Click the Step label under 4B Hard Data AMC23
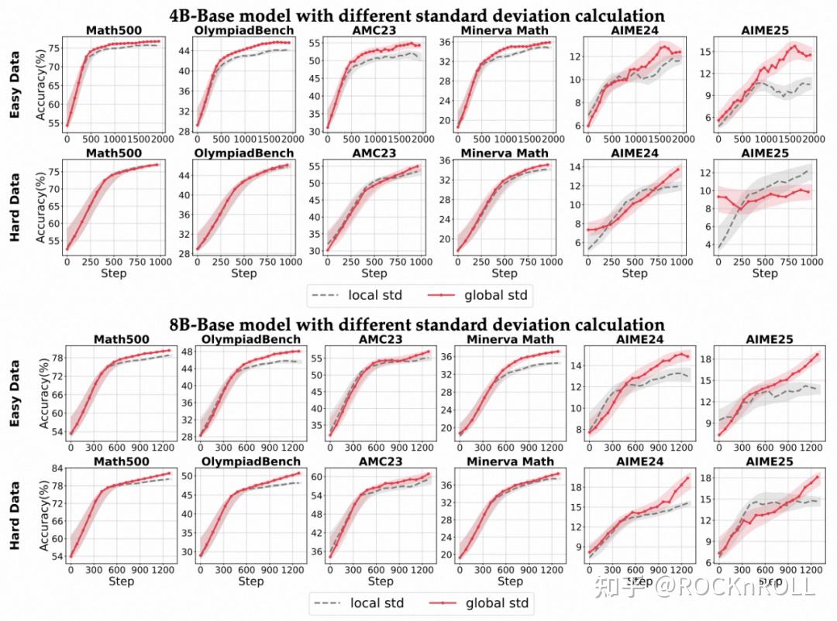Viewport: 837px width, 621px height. (x=374, y=273)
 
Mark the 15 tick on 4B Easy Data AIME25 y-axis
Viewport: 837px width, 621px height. (x=706, y=52)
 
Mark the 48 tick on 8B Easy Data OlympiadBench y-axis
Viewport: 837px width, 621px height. (x=186, y=352)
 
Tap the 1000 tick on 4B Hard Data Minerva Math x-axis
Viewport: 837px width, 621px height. (x=550, y=262)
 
